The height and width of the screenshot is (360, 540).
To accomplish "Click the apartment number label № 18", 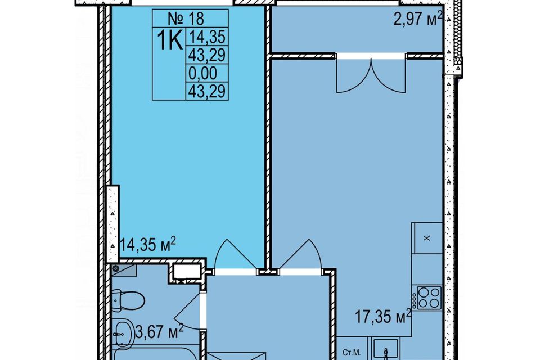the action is [186, 18].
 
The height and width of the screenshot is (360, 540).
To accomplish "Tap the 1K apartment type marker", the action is [169, 40].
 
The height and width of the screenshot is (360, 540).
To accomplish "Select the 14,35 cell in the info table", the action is [207, 36].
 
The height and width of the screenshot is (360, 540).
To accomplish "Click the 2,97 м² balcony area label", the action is [418, 18].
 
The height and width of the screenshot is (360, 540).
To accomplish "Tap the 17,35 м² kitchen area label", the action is [383, 316].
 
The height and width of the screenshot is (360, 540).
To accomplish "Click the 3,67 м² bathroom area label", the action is [159, 332].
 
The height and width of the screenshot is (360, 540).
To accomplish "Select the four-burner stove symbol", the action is [429, 298].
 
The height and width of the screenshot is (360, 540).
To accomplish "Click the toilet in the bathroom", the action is [128, 300].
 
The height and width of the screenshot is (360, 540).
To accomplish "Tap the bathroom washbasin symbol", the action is [123, 333].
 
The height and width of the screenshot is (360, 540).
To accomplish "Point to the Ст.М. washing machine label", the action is [352, 353].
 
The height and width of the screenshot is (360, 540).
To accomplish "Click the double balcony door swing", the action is [371, 76].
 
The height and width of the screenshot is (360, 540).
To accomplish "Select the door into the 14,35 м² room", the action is [236, 255].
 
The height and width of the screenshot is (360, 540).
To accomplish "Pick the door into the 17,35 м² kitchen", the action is [300, 255].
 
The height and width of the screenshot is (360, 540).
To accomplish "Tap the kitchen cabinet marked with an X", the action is [427, 238].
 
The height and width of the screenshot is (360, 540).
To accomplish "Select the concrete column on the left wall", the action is [112, 223].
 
